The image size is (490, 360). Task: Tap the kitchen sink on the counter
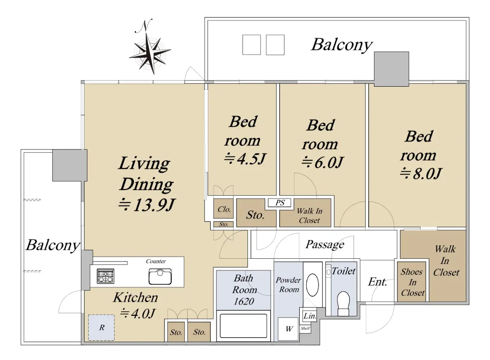coord(160,277)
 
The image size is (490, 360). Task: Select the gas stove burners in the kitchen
coord(105,276)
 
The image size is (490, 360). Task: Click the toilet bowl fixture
coord(343,304)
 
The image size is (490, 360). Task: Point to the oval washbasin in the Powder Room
coord(312,285)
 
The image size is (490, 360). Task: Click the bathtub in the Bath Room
coord(243,326)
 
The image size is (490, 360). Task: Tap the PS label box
coord(280,203)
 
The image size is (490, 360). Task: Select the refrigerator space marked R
coord(102,328)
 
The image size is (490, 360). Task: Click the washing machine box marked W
coord(288,329)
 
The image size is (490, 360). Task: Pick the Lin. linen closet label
coord(310,316)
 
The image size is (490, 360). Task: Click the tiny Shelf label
coord(305,328)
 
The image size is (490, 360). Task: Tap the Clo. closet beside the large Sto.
coord(223,208)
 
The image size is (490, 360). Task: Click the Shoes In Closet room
coord(412,282)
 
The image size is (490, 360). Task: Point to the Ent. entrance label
coord(377,282)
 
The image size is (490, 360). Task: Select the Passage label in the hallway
coord(325,244)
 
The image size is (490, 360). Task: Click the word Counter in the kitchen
coord(156,261)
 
